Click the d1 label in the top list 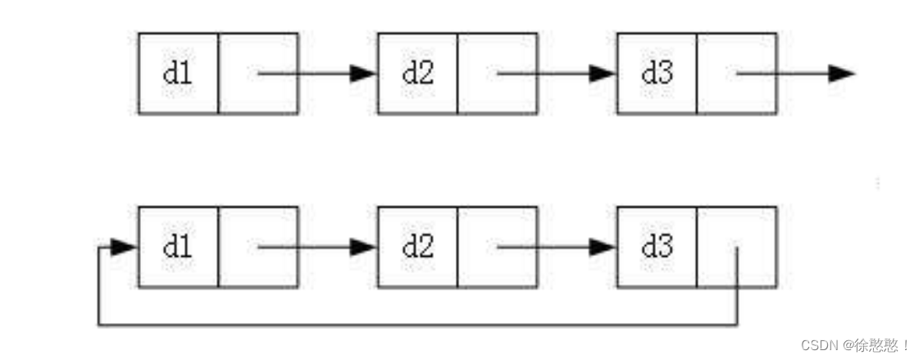pos(178,74)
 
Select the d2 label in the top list pos(417,74)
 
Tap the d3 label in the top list pos(657,74)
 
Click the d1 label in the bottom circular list pos(178,247)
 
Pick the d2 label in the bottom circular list pos(417,247)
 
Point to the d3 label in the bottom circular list pos(657,247)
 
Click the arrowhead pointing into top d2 pos(363,74)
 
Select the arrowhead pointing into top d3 pos(603,74)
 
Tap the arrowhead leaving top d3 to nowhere pos(841,74)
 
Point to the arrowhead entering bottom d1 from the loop pos(124,247)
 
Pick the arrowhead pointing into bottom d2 pos(363,247)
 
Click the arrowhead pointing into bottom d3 pos(603,247)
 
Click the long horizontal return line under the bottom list pos(418,326)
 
